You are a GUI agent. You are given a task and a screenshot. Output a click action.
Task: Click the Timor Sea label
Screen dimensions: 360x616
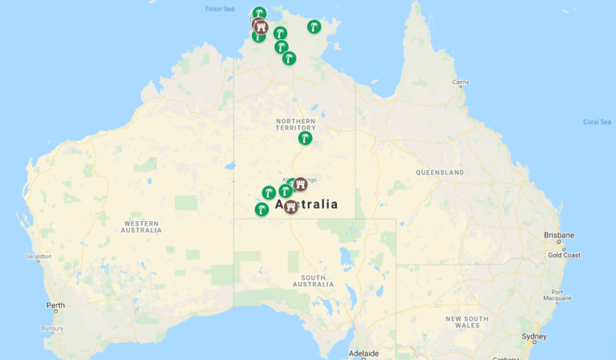click(x=219, y=9)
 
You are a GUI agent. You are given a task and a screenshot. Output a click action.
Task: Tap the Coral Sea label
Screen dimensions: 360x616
click(x=596, y=122)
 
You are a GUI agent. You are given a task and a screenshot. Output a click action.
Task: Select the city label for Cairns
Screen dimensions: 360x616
click(x=460, y=82)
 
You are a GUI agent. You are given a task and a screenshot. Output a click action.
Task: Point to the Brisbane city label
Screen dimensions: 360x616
click(x=558, y=235)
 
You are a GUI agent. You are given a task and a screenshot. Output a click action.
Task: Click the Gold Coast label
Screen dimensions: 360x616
click(x=564, y=255)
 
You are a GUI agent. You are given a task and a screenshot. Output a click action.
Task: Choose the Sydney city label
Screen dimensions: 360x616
click(x=534, y=337)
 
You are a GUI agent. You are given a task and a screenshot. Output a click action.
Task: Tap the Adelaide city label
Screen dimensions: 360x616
click(x=363, y=353)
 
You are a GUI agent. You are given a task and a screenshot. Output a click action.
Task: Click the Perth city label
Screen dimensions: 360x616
click(x=55, y=305)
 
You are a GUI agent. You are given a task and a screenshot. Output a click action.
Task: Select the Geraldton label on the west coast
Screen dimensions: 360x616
click(x=38, y=257)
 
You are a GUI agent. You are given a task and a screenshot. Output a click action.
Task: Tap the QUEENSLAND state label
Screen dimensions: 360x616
click(x=440, y=172)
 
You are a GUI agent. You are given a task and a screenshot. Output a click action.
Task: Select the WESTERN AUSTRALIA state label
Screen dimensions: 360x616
click(x=140, y=227)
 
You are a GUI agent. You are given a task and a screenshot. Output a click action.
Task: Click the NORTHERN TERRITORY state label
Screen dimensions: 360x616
click(x=296, y=124)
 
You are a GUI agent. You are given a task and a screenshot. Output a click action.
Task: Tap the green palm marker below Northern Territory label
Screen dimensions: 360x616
click(x=305, y=138)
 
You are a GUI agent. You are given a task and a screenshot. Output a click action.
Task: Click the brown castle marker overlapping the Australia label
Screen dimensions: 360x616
click(x=290, y=206)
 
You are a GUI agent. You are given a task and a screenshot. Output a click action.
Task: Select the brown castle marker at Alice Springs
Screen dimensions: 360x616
click(x=300, y=184)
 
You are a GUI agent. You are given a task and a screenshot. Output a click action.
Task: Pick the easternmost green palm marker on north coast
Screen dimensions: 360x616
click(x=314, y=26)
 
